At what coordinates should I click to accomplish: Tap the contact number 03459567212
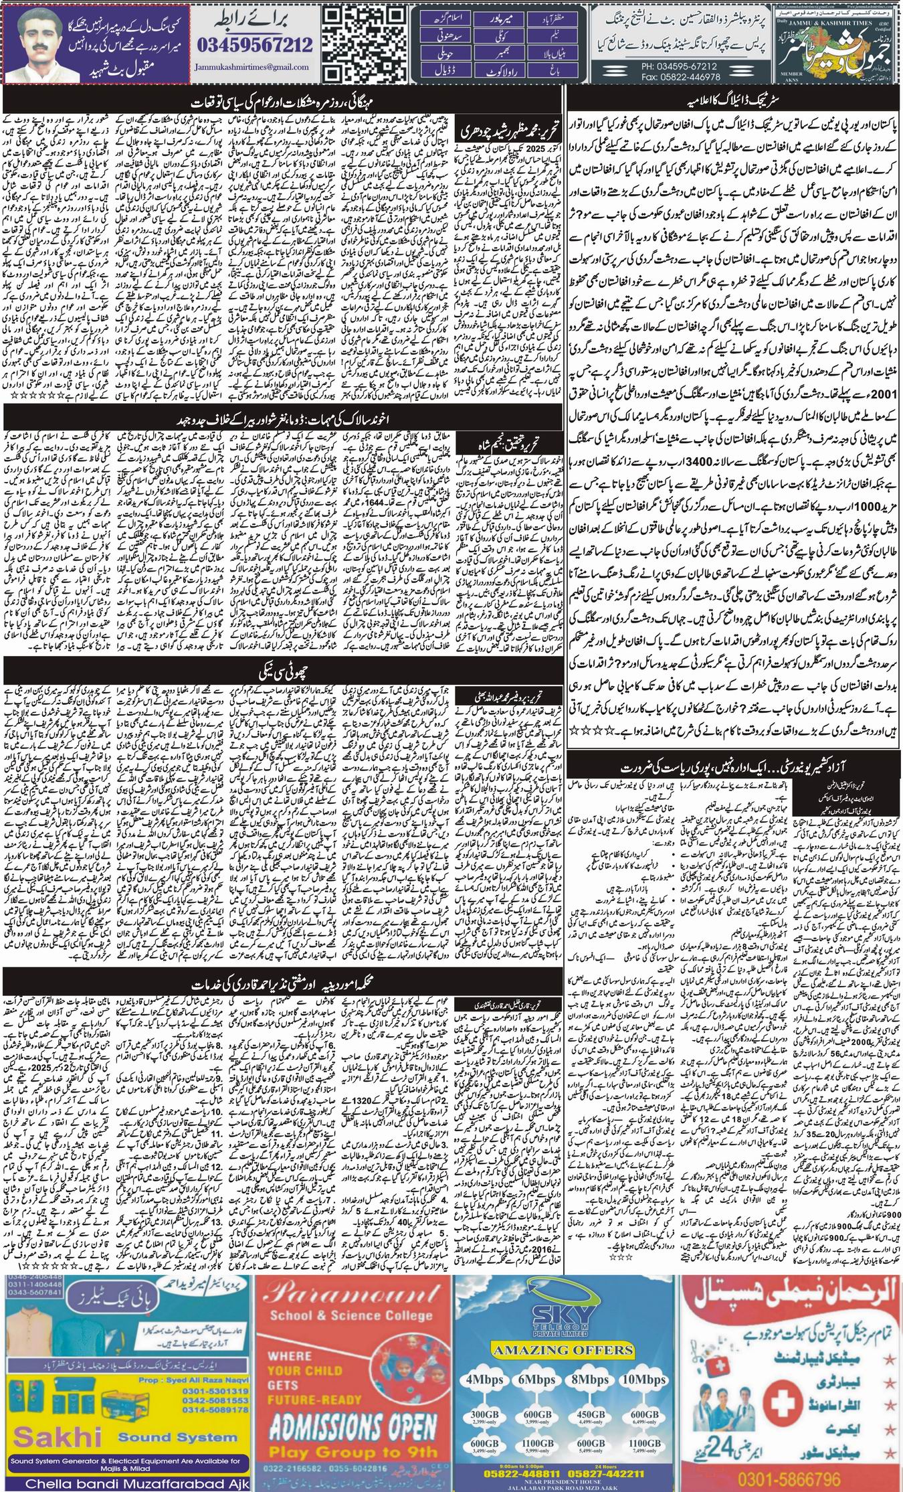click(x=256, y=46)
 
